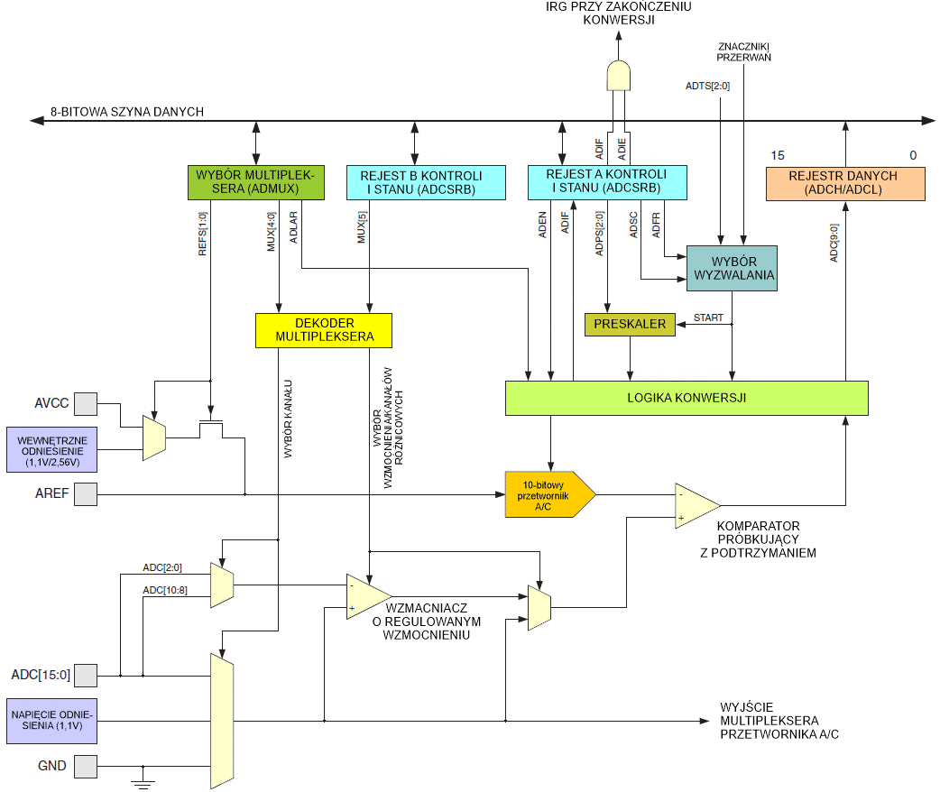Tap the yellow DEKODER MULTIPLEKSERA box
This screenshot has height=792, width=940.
(x=324, y=330)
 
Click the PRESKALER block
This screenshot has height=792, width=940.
(x=630, y=325)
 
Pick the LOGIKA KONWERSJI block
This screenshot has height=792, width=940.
(x=686, y=398)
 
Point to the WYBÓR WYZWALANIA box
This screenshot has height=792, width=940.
(x=731, y=268)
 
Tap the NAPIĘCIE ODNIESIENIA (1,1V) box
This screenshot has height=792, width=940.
(x=51, y=721)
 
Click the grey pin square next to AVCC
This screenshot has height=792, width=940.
(x=85, y=403)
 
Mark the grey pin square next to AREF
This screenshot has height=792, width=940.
(x=85, y=494)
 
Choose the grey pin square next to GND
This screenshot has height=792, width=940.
(x=85, y=766)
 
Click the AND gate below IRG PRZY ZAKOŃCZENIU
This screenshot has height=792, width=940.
(x=618, y=76)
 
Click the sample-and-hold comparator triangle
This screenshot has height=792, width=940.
(x=696, y=505)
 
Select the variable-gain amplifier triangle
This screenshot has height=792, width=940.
(x=366, y=596)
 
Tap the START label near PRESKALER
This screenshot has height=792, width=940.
(x=708, y=318)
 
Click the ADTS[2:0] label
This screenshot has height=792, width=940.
(x=707, y=86)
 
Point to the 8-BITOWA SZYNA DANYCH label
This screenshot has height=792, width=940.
(x=126, y=112)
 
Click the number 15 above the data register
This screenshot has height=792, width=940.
(x=777, y=155)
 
